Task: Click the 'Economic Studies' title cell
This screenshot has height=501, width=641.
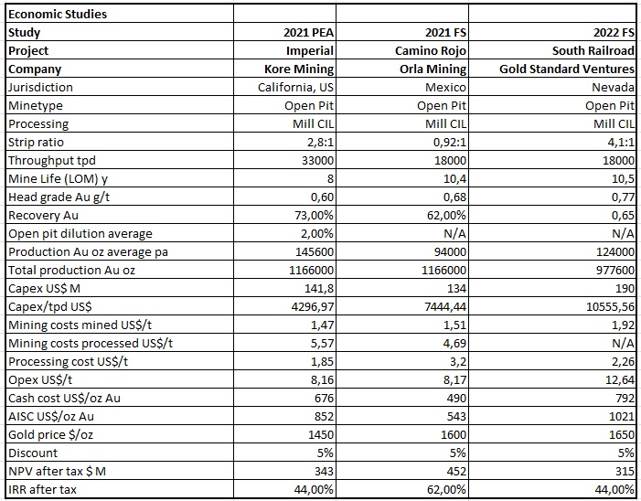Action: point(58,15)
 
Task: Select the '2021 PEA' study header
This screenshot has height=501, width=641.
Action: point(309,33)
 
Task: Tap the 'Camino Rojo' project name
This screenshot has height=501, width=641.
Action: point(431,50)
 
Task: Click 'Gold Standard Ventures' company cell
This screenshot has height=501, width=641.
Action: point(567,69)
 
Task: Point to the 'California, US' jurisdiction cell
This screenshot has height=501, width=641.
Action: point(295,88)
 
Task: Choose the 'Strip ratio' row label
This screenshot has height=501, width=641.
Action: point(36,143)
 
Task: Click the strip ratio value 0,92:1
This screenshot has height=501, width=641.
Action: point(450,143)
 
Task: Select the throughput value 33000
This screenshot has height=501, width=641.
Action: point(317,161)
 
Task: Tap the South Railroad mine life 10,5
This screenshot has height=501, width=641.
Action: point(623,179)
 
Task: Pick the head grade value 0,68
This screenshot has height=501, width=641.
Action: point(454,197)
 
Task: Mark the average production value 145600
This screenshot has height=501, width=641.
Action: point(315,251)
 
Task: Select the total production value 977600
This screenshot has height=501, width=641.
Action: point(615,270)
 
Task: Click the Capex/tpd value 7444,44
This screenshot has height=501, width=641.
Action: point(445,307)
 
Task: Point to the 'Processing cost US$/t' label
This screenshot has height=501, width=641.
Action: point(69,362)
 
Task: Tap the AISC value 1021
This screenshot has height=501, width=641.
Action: point(622,416)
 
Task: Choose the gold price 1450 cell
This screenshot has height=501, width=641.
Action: point(321,435)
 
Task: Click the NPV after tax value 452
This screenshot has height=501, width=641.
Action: point(456,471)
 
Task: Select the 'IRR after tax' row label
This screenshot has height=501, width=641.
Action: point(42,489)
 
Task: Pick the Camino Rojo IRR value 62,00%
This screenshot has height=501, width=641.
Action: point(446,489)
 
